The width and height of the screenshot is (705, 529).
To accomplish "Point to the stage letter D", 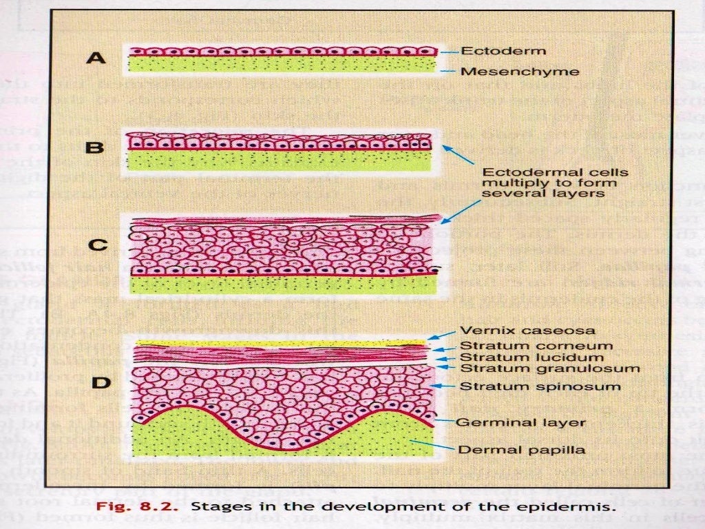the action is point(101,382).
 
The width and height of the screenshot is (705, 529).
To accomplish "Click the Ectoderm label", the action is point(503,51).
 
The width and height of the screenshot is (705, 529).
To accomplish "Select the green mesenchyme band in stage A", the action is point(282,65).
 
